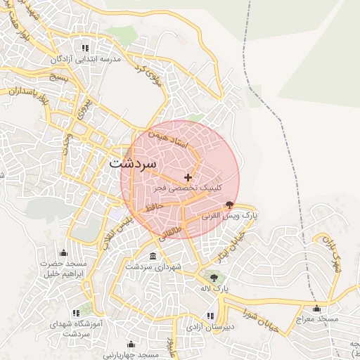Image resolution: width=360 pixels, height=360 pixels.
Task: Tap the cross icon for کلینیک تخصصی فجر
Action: point(187,177)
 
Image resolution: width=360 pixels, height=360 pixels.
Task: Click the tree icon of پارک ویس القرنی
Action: point(229,205)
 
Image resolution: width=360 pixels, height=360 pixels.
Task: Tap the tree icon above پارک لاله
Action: point(210,276)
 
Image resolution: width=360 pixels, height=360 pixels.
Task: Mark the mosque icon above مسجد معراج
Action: point(316,307)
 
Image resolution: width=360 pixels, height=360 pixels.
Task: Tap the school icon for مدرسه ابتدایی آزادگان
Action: point(85,48)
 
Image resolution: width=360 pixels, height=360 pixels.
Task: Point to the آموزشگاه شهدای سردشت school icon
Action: point(75,313)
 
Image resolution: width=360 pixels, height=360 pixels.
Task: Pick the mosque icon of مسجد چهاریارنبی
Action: point(130,344)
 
